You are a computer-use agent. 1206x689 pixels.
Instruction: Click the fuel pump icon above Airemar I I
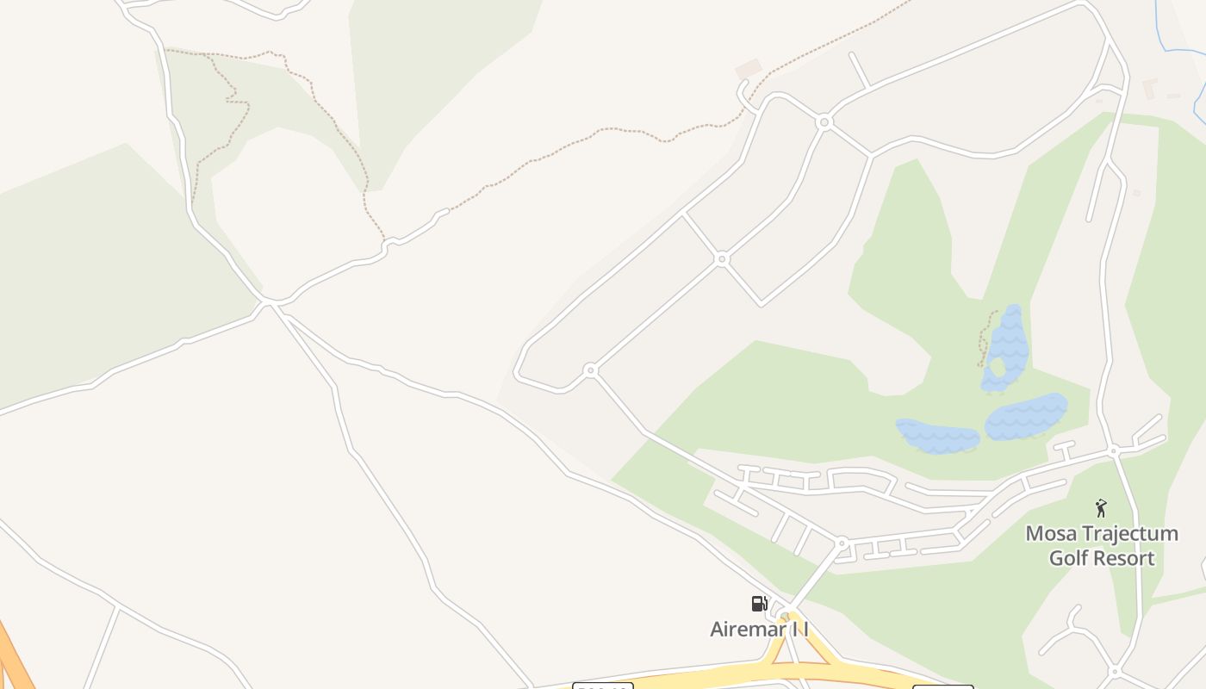(x=759, y=604)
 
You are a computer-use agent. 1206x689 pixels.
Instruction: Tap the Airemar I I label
(x=759, y=630)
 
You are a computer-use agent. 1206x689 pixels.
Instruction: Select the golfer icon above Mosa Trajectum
(x=1100, y=508)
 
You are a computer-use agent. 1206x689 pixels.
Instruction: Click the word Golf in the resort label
(x=1066, y=558)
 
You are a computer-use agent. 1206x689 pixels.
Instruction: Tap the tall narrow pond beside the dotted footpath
(x=1006, y=346)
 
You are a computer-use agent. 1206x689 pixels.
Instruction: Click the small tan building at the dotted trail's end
(x=748, y=68)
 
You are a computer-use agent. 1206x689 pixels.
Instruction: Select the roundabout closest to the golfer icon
(x=1113, y=450)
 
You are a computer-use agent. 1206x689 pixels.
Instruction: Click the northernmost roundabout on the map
(x=824, y=122)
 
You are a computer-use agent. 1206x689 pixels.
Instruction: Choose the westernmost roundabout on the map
(x=590, y=370)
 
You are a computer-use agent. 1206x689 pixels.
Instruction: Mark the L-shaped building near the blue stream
(x=1149, y=88)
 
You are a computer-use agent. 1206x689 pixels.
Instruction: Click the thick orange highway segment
(x=13, y=655)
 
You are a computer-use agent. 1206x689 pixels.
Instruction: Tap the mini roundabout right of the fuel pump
(x=785, y=615)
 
